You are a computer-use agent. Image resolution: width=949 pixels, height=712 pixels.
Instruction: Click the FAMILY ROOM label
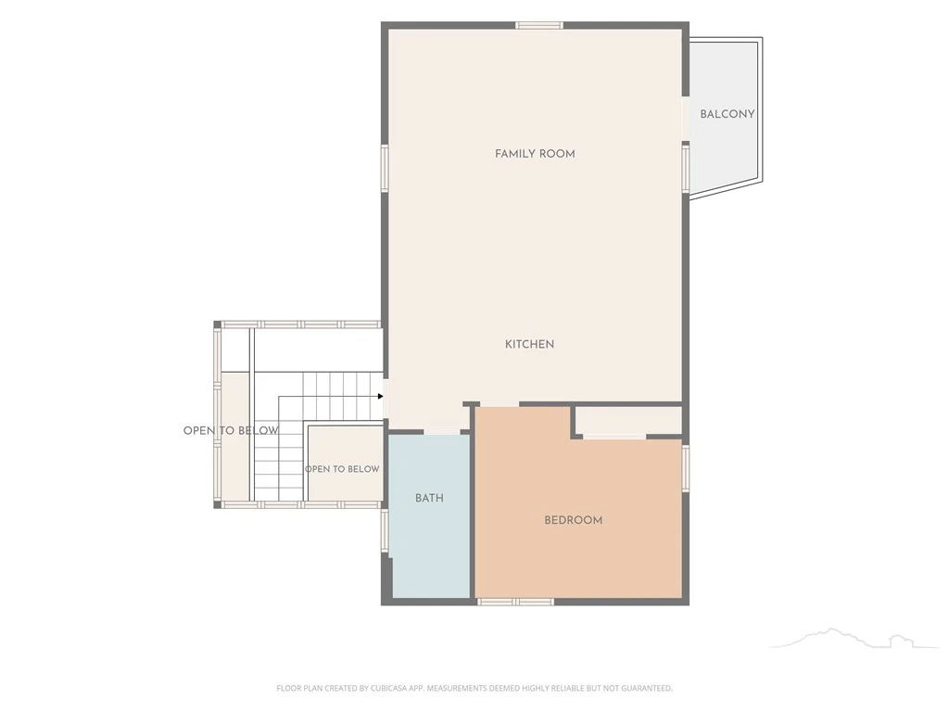click(x=535, y=154)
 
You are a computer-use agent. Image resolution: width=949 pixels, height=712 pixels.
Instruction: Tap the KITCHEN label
click(x=529, y=344)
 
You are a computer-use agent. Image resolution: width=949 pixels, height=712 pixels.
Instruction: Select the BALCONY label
click(x=728, y=114)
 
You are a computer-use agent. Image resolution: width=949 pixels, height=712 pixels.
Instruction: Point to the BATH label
click(x=429, y=498)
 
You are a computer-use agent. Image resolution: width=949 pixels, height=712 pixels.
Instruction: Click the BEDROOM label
click(x=573, y=520)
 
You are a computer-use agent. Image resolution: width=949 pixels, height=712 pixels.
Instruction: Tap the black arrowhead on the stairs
click(x=381, y=397)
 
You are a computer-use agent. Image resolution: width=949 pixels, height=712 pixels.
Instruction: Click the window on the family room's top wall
click(x=539, y=25)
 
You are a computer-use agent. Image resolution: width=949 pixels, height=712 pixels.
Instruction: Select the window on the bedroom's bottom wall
click(x=515, y=602)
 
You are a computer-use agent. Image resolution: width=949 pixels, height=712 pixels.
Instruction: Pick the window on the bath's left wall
click(x=385, y=530)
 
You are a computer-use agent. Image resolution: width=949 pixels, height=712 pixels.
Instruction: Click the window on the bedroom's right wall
click(x=686, y=468)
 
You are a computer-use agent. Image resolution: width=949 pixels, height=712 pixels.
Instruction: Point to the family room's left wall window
click(x=385, y=169)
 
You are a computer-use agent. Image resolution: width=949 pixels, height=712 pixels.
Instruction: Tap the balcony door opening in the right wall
click(x=686, y=119)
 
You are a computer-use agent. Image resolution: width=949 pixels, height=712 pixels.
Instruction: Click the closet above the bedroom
click(x=628, y=420)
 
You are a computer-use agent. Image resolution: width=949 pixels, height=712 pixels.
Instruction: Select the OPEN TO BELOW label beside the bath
click(x=342, y=469)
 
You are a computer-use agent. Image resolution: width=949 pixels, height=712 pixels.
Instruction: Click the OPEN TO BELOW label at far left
click(x=231, y=430)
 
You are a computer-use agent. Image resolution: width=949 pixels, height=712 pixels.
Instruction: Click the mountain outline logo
click(x=854, y=639)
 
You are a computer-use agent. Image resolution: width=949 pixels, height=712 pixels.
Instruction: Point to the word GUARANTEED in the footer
click(x=647, y=689)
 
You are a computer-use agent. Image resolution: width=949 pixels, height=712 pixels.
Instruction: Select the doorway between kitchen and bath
click(x=442, y=432)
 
